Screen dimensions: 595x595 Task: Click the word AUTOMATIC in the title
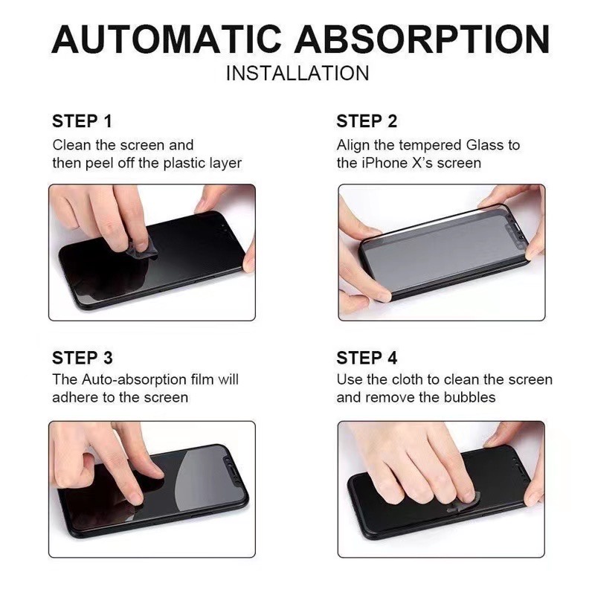click(x=167, y=39)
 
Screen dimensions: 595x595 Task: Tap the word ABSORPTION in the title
click(x=422, y=39)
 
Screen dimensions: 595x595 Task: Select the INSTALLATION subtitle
click(x=297, y=74)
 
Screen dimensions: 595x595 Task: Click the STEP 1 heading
click(x=82, y=121)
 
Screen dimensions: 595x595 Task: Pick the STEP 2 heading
click(x=367, y=121)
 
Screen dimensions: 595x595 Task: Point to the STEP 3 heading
click(x=83, y=358)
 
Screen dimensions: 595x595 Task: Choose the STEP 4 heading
click(x=367, y=358)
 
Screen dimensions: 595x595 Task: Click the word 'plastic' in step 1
click(x=181, y=163)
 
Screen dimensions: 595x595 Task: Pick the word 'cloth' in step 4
click(x=407, y=380)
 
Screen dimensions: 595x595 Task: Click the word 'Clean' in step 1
click(x=71, y=145)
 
